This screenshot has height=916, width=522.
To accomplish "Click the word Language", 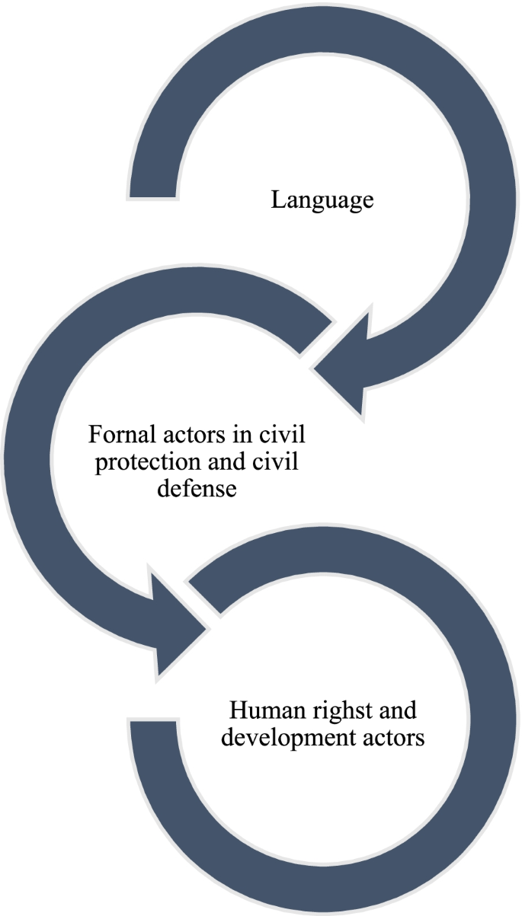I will coord(322,202).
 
